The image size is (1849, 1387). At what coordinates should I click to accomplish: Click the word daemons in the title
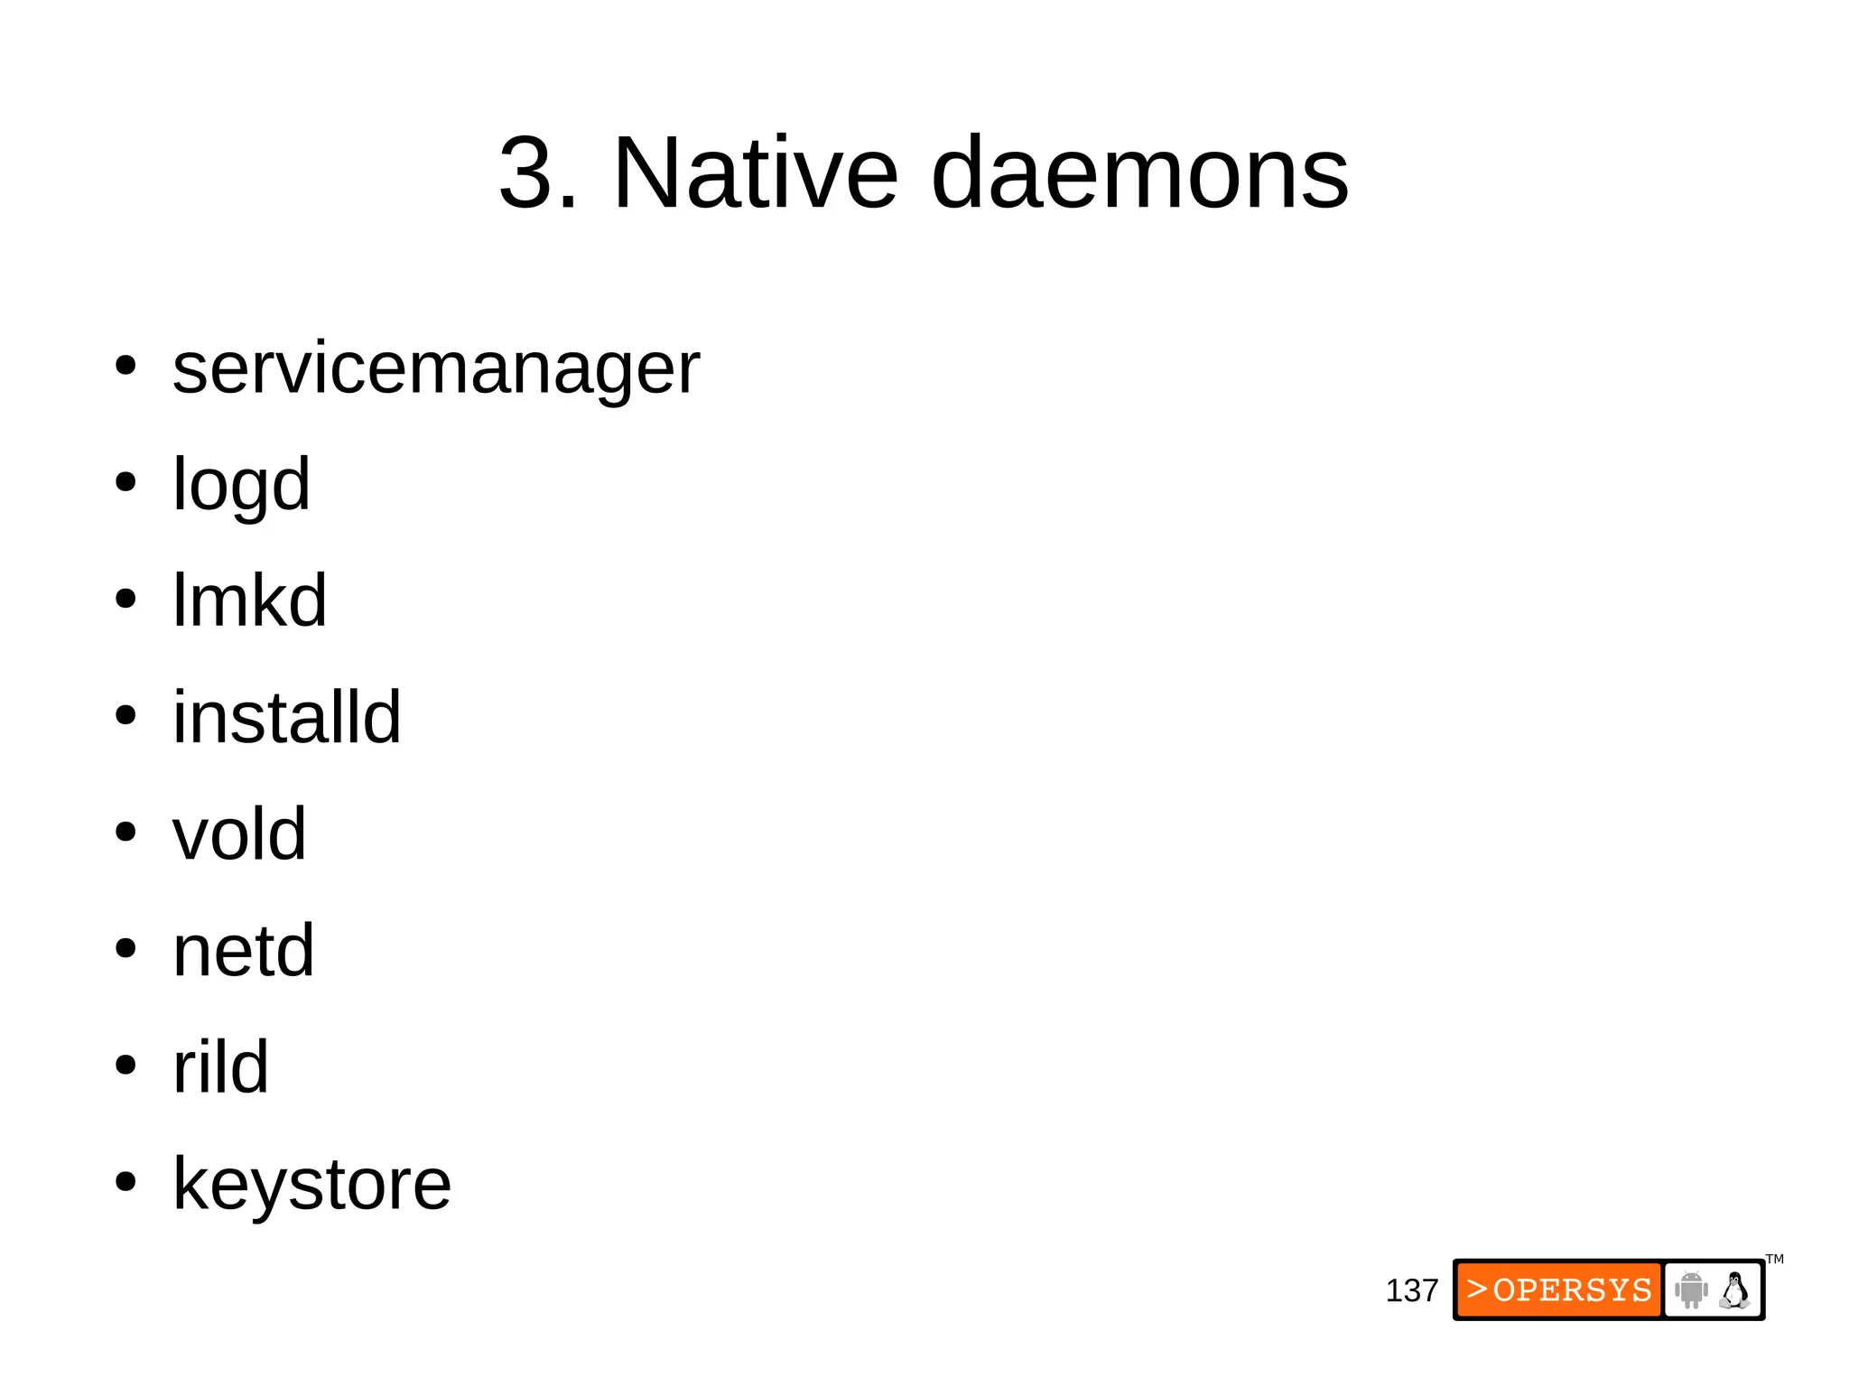pyautogui.click(x=1139, y=172)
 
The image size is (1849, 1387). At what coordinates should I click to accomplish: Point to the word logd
pyautogui.click(x=241, y=485)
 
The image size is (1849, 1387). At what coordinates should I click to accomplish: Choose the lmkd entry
pyautogui.click(x=249, y=600)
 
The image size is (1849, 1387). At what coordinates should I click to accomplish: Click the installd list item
pyautogui.click(x=286, y=717)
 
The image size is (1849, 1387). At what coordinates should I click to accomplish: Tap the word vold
pyautogui.click(x=239, y=833)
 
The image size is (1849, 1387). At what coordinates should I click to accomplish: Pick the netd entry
pyautogui.click(x=243, y=950)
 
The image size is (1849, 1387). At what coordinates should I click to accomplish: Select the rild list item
pyautogui.click(x=220, y=1066)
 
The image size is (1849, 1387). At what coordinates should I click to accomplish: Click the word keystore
pyautogui.click(x=311, y=1184)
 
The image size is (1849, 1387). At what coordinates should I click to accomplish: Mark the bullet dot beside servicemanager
pyautogui.click(x=125, y=367)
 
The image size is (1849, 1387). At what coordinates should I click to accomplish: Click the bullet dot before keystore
pyautogui.click(x=125, y=1181)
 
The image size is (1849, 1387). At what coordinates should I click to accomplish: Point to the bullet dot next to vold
pyautogui.click(x=125, y=832)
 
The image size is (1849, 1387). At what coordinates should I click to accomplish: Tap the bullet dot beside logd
pyautogui.click(x=125, y=482)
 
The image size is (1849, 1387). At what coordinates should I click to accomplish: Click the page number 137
pyautogui.click(x=1411, y=1290)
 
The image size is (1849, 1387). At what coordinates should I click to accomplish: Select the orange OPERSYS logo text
pyautogui.click(x=1559, y=1289)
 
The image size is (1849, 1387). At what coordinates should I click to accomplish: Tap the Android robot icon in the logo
pyautogui.click(x=1691, y=1289)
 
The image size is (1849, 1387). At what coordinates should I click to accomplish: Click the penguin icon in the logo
pyautogui.click(x=1734, y=1289)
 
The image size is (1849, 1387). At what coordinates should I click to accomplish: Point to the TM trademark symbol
pyautogui.click(x=1774, y=1260)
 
